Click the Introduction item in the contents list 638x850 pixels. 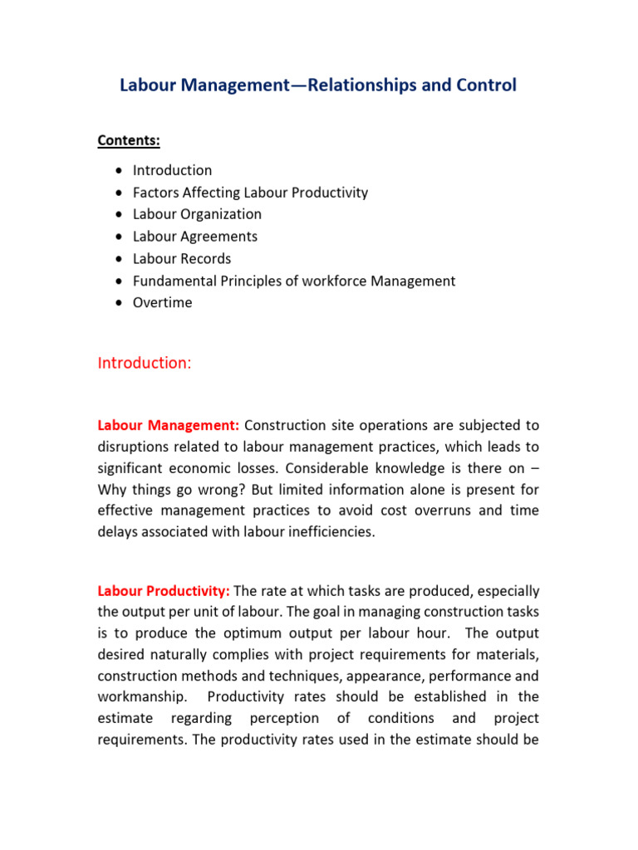tap(172, 170)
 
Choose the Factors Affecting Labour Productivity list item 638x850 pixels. tap(250, 193)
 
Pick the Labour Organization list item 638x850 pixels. tap(197, 214)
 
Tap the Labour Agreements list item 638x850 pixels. tap(195, 237)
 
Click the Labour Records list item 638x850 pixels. tap(182, 259)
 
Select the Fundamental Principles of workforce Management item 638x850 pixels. tap(294, 281)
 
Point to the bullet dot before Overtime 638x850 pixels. tap(120, 303)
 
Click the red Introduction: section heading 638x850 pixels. tap(145, 363)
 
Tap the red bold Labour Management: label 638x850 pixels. tap(169, 426)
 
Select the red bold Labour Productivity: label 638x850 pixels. tap(164, 592)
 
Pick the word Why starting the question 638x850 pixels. tap(112, 490)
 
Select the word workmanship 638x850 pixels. tap(138, 697)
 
